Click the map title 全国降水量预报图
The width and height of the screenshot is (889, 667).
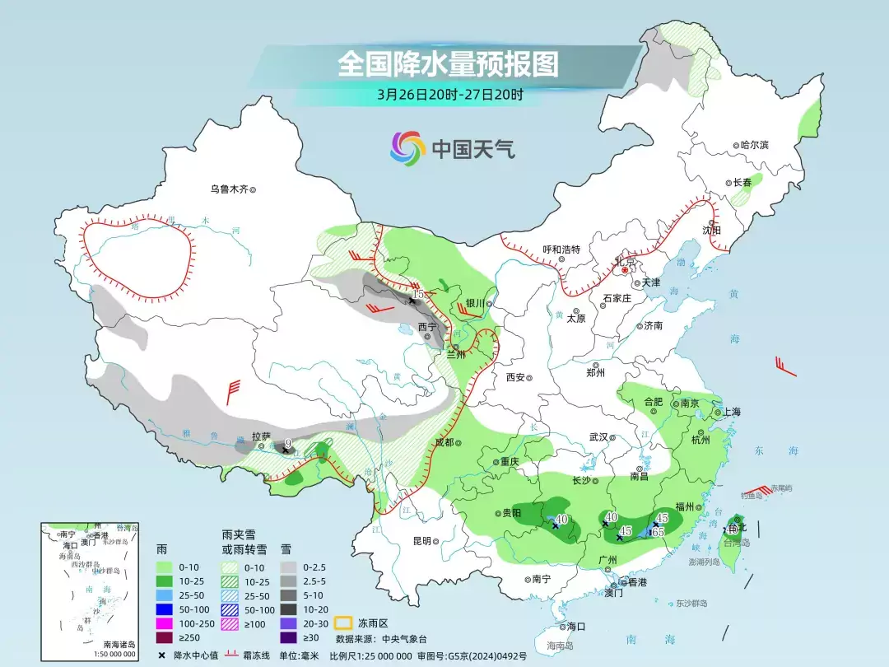[449, 63]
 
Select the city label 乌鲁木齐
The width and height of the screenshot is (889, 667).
[229, 189]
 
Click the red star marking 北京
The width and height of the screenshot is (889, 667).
[626, 269]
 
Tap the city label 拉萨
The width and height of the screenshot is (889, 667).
[261, 436]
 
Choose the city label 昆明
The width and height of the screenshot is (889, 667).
[421, 541]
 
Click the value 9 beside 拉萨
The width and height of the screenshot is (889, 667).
[287, 444]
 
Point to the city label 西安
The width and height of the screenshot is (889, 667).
[515, 377]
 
